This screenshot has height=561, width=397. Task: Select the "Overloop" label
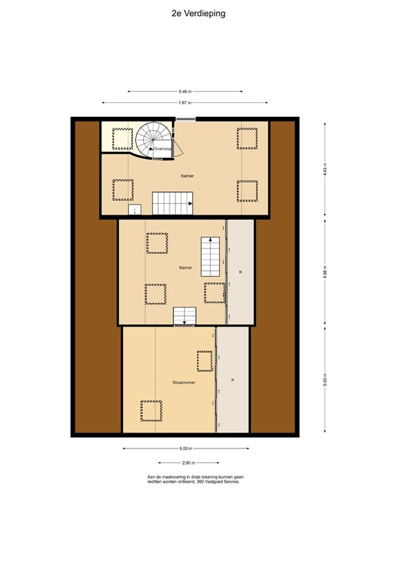[x=162, y=148]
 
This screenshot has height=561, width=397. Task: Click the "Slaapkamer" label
[x=183, y=382]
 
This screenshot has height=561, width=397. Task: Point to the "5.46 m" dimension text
[x=185, y=91]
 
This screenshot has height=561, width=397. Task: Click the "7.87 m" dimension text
[x=185, y=103]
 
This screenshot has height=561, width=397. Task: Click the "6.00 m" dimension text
[x=185, y=449]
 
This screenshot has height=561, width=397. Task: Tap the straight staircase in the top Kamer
[x=173, y=203]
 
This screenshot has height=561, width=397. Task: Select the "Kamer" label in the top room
[x=188, y=176]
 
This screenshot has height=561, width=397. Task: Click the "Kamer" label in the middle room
[x=185, y=268]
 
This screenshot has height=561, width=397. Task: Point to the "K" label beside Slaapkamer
[x=233, y=381]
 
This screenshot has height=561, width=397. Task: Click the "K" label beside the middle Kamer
[x=241, y=272]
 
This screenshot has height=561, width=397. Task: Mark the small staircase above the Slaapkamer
[x=184, y=316]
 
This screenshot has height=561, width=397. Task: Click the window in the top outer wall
[x=186, y=117]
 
